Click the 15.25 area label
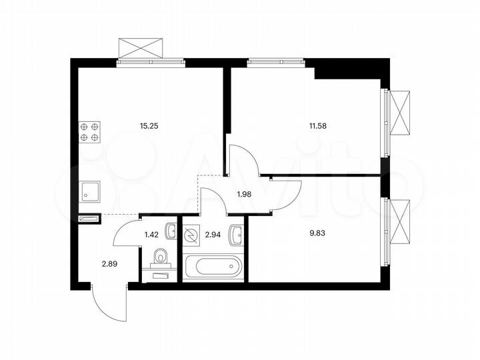(x=149, y=125)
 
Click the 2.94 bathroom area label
(x=213, y=234)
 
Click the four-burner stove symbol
(x=90, y=131)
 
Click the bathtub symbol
(x=214, y=267)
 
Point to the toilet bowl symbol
(x=161, y=257)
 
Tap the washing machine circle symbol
(x=192, y=235)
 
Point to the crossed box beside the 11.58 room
(x=401, y=112)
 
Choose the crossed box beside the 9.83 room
(x=401, y=221)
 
